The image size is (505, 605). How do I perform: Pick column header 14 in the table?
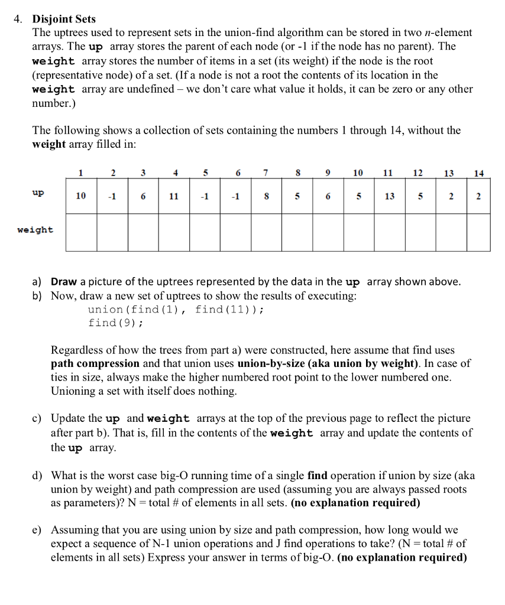tap(478, 173)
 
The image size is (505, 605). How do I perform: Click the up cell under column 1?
tap(80, 196)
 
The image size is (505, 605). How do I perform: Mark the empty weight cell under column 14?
tap(475, 232)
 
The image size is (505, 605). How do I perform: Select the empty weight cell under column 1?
tap(81, 232)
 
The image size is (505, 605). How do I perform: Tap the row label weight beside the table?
tap(35, 230)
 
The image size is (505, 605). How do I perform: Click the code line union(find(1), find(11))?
tap(176, 310)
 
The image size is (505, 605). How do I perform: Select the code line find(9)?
tap(115, 323)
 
